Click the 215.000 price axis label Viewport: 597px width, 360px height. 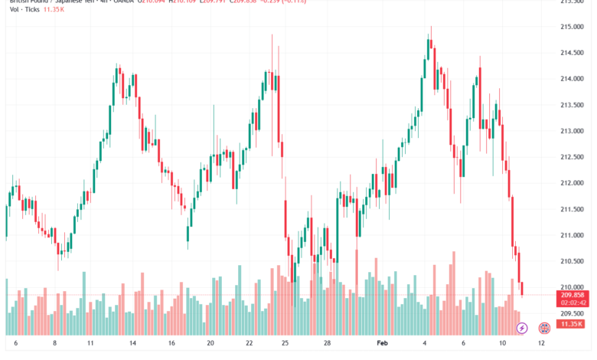pos(572,27)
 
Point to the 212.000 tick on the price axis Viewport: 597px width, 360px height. pos(572,183)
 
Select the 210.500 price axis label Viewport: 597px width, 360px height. pos(572,261)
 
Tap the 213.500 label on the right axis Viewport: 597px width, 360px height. pos(572,105)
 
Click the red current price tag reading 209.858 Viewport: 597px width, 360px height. pos(572,294)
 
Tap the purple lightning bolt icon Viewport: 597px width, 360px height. pos(523,328)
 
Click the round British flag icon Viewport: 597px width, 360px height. pos(545,328)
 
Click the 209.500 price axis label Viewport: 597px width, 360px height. pos(572,313)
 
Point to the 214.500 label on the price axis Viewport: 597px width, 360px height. pos(572,53)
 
